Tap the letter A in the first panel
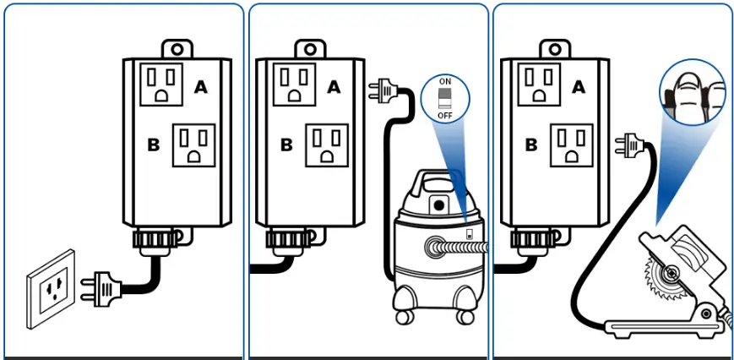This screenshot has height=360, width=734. coord(201,85)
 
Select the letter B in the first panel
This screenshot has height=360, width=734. coord(153,145)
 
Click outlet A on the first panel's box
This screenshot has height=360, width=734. coord(162,84)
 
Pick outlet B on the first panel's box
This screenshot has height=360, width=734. coord(193,145)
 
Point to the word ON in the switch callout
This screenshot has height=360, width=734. coord(445,81)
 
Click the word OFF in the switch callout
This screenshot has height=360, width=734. coord(445,114)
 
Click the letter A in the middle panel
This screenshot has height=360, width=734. coord(334,85)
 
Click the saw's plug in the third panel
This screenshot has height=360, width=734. coord(629,145)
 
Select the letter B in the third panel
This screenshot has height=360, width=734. coord(531,145)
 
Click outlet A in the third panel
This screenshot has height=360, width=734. coord(541,84)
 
